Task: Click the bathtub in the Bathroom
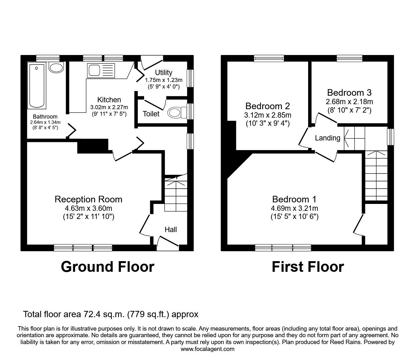point(37,85)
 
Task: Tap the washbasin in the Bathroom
point(56,68)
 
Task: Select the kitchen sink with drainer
point(101,70)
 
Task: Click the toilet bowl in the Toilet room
point(177,112)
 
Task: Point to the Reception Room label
point(88,199)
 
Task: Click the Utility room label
point(163,73)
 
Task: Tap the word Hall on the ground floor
point(171,230)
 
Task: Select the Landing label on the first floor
point(327,138)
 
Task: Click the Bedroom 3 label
point(349,93)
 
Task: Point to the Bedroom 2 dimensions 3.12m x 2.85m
point(267,115)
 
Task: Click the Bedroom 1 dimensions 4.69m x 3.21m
point(294,208)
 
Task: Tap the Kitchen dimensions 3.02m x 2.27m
point(108,107)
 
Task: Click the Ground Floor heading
point(107,267)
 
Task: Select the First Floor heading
point(307,267)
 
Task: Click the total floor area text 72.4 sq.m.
point(111,314)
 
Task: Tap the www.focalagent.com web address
point(207,349)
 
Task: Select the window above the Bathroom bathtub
point(47,58)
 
